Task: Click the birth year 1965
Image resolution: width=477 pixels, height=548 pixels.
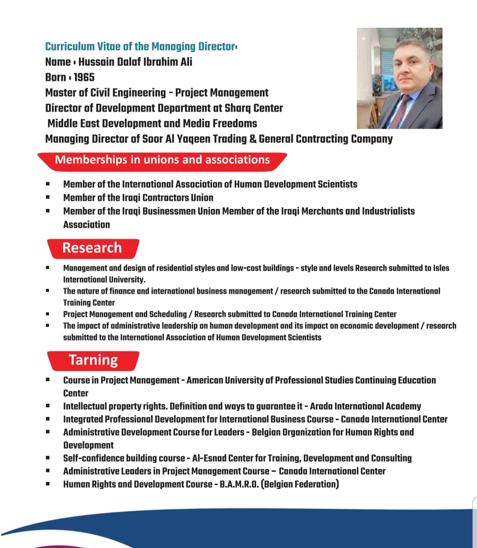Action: tap(84, 77)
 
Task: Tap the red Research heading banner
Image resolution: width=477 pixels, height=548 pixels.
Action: tap(92, 248)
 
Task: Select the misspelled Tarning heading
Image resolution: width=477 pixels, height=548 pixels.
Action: tap(93, 360)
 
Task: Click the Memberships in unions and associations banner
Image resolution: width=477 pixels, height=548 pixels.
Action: tap(162, 160)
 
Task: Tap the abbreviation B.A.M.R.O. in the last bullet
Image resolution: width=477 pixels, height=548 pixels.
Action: tap(239, 484)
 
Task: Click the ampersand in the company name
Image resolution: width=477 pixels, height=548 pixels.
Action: tap(253, 139)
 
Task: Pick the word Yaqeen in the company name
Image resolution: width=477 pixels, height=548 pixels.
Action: tap(193, 139)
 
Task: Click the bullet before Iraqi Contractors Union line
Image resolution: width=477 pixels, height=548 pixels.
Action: tap(48, 198)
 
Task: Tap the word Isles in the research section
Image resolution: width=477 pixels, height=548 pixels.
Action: tap(441, 268)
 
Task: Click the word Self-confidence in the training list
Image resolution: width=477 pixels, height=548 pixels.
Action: tap(93, 458)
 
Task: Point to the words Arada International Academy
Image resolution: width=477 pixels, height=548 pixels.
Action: tap(365, 406)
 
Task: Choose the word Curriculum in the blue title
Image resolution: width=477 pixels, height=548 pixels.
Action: tap(70, 46)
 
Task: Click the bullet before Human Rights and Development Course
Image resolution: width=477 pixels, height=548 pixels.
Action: tap(48, 484)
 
